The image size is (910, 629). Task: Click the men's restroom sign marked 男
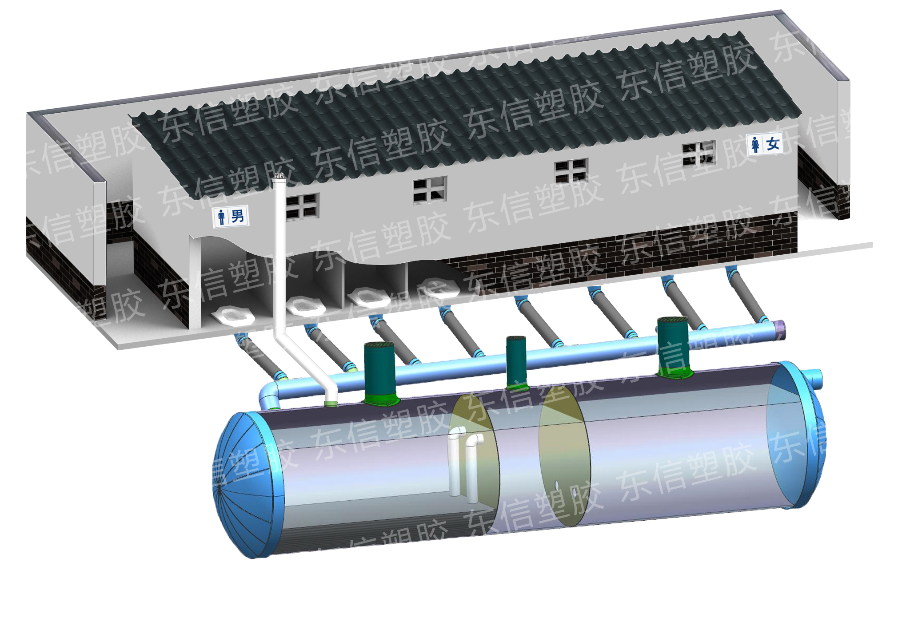(231, 217)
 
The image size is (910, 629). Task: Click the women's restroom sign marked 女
(765, 144)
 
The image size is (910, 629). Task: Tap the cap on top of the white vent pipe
(279, 177)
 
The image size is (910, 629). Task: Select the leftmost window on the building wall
(302, 206)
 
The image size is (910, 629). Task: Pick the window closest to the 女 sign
(699, 153)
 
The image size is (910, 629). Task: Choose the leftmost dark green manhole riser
(379, 372)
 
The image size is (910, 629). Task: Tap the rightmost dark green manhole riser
(673, 346)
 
